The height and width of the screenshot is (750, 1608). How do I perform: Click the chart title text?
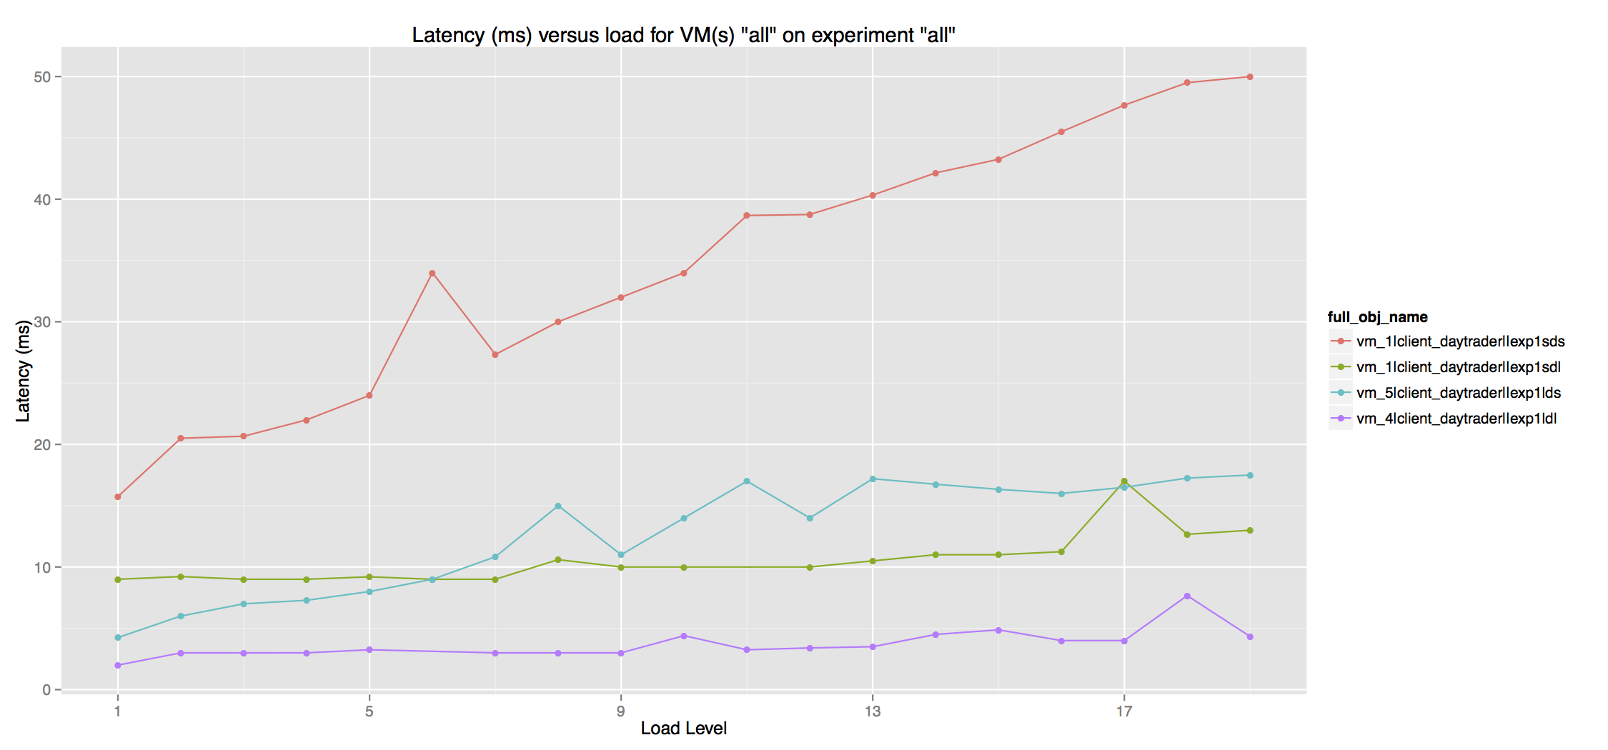683,35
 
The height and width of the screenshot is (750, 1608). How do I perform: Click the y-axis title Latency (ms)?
23,371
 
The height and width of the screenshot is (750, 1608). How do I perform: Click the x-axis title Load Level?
683,728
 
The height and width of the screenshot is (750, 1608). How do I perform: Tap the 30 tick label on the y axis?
42,322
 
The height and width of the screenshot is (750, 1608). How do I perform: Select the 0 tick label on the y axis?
46,690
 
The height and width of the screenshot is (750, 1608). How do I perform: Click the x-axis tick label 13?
872,711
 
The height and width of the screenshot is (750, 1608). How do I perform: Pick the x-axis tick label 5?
369,711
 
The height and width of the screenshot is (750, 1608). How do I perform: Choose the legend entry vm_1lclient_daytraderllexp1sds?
1460,341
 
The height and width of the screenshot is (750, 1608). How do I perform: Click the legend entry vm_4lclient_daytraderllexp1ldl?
1456,419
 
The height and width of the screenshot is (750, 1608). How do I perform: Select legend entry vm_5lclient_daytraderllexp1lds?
1458,393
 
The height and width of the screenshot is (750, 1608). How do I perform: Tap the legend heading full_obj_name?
1377,317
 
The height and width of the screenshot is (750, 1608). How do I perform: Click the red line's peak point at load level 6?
432,274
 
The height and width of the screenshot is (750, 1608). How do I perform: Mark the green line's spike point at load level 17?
1124,481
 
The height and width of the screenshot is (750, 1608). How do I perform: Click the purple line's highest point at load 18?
1187,596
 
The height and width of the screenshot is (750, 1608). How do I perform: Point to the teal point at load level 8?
558,506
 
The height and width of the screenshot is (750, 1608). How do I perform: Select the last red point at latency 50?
1250,76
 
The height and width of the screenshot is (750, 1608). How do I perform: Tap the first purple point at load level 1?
118,665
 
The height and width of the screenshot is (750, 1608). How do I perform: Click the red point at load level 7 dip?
495,354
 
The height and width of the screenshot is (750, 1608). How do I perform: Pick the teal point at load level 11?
747,481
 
